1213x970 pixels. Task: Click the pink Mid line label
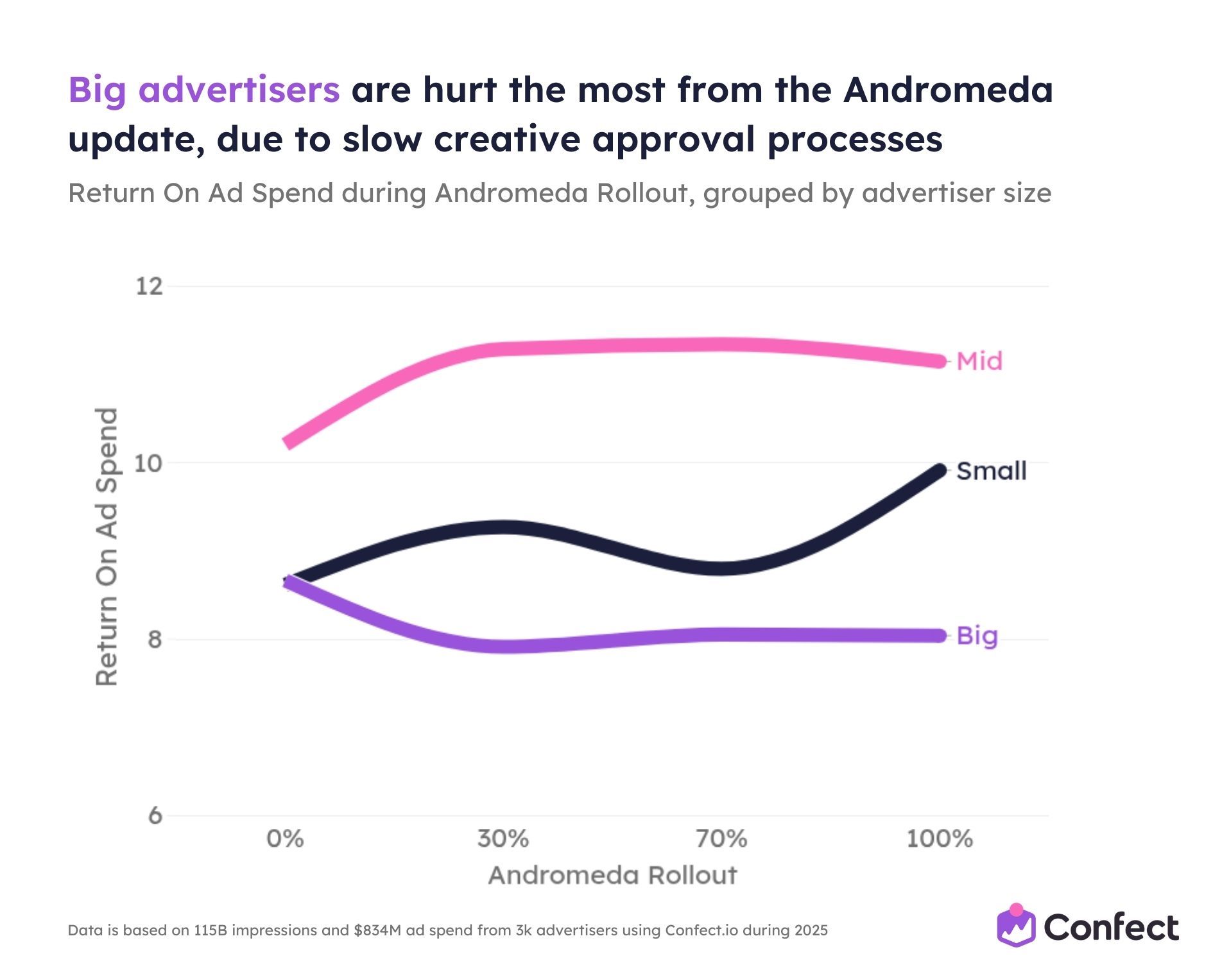coord(979,361)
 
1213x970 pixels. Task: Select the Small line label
coord(991,471)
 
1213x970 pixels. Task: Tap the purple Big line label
coord(977,636)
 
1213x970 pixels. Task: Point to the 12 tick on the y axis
coord(149,286)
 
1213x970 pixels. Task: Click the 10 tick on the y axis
coord(148,463)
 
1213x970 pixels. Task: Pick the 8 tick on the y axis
coord(155,640)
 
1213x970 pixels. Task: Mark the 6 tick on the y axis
coord(155,816)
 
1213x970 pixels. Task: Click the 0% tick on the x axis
coord(285,838)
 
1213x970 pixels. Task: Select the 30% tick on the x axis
coord(503,838)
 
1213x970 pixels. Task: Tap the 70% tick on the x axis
coord(721,838)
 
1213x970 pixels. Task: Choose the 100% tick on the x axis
coord(939,838)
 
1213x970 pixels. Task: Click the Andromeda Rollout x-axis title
coord(612,876)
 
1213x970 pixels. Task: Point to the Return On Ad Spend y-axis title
coord(107,547)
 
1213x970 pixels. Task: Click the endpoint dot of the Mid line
coord(940,361)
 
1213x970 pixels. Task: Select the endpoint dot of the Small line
coord(940,471)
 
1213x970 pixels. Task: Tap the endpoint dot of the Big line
coord(940,636)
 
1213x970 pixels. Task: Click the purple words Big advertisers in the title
coord(203,89)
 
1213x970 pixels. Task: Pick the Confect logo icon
coord(1016,926)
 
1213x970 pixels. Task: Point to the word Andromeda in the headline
coord(948,89)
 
